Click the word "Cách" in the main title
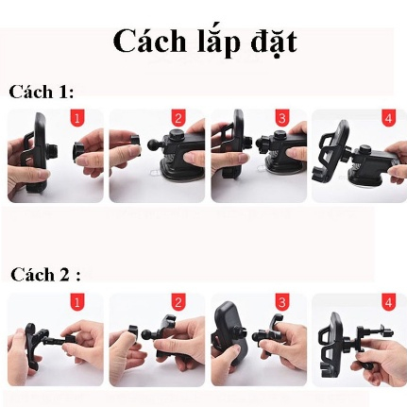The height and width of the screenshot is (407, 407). click(149, 42)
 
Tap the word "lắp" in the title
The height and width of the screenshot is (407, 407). click(218, 43)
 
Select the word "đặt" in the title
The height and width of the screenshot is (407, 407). click(274, 43)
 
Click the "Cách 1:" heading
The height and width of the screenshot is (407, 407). click(41, 92)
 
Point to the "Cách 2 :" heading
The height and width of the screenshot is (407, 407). click(45, 274)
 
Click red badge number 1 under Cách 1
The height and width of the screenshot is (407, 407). click(77, 119)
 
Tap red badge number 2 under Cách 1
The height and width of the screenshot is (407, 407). click(178, 119)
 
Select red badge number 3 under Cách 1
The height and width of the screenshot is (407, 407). click(281, 119)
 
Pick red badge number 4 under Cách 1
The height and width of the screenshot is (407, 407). click(388, 119)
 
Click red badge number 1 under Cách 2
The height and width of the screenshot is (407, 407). click(77, 302)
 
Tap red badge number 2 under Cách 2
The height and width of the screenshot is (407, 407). click(178, 302)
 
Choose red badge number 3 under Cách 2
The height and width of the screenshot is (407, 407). click(281, 302)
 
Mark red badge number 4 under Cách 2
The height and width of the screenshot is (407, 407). click(388, 302)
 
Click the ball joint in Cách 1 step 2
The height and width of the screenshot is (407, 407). click(155, 144)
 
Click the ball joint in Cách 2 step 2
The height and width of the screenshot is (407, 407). click(147, 333)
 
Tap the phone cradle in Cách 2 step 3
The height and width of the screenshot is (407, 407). click(230, 333)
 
